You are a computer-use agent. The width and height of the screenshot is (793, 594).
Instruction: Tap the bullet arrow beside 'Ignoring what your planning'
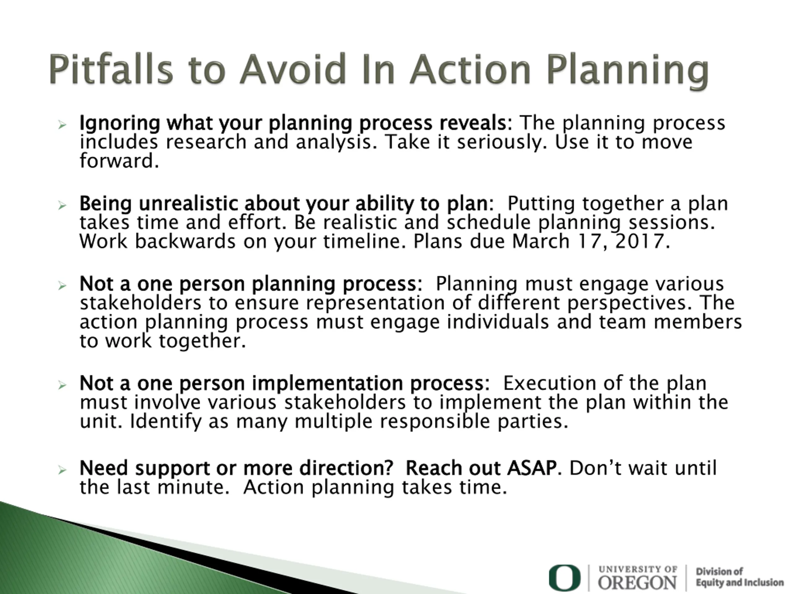(x=62, y=125)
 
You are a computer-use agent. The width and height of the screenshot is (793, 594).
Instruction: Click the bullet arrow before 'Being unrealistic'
(x=62, y=205)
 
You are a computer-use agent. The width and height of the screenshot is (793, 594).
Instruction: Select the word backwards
(x=185, y=241)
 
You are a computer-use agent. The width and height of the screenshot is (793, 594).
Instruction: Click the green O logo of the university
(x=565, y=578)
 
